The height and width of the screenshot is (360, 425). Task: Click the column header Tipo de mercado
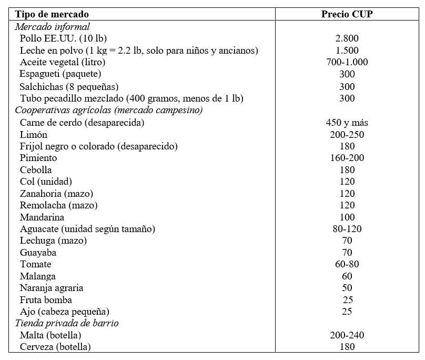(52, 14)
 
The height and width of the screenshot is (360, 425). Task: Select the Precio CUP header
(347, 14)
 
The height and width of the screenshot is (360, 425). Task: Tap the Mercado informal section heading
(52, 26)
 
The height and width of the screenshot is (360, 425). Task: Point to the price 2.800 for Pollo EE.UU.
(347, 38)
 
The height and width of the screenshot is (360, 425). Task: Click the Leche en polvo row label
(138, 51)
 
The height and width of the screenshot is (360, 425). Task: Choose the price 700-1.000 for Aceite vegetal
(347, 62)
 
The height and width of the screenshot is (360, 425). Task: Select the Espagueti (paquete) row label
(60, 74)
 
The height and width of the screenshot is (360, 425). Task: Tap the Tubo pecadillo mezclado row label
(131, 98)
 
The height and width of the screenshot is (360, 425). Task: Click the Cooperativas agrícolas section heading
(109, 110)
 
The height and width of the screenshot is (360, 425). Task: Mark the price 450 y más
(347, 123)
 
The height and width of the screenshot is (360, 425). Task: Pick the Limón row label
(33, 134)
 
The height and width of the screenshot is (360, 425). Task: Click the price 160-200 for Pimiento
(347, 158)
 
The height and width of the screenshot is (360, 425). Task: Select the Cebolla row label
(36, 170)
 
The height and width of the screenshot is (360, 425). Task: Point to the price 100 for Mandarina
(347, 217)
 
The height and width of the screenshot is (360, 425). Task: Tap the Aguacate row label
(87, 229)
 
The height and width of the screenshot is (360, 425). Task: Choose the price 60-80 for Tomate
(347, 264)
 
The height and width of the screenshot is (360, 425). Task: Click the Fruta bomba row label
(45, 300)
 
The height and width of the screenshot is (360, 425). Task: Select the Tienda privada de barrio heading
(67, 323)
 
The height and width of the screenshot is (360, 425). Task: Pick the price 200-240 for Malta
(347, 335)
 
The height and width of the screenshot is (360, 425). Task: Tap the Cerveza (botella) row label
(55, 347)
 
